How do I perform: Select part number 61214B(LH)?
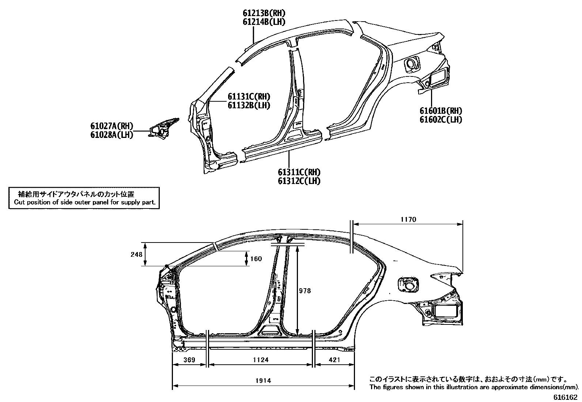click(x=264, y=22)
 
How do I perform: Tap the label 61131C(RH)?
click(x=249, y=97)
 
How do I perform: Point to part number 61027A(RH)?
click(x=112, y=126)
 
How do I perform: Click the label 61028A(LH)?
click(x=112, y=135)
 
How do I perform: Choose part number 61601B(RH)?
click(x=441, y=111)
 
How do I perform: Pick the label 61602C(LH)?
click(x=441, y=120)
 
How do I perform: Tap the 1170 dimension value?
click(x=408, y=219)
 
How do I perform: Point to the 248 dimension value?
click(x=136, y=254)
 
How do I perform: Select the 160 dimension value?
click(x=256, y=259)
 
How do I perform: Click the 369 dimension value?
click(x=189, y=360)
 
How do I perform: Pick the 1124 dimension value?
click(x=261, y=360)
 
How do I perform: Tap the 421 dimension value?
click(x=334, y=360)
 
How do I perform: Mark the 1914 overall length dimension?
click(x=263, y=381)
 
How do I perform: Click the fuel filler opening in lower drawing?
click(x=407, y=284)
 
